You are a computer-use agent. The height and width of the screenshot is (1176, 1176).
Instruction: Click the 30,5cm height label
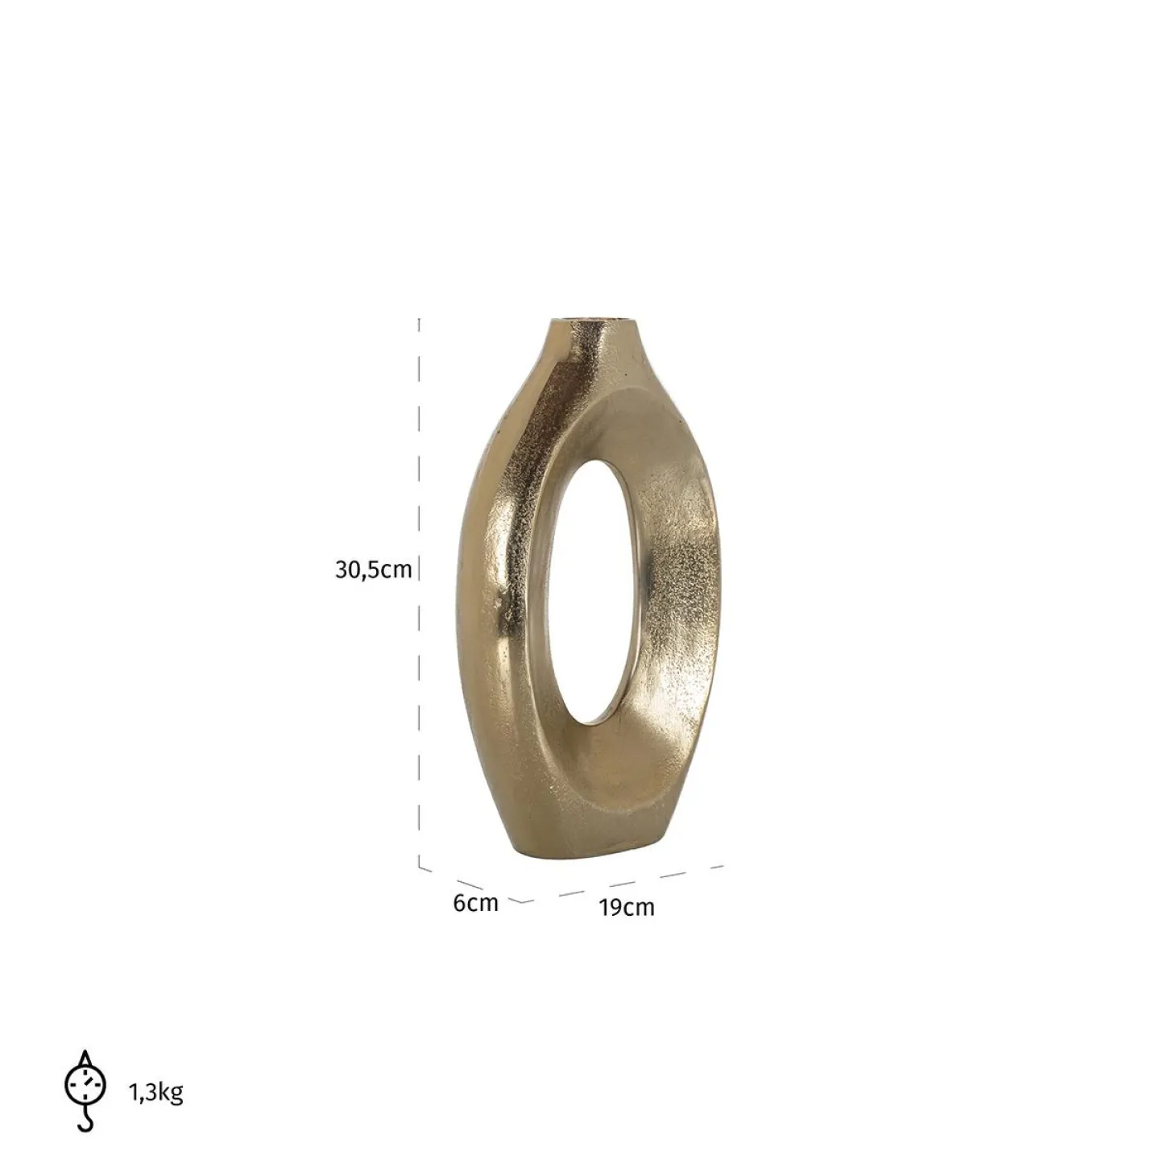(x=374, y=570)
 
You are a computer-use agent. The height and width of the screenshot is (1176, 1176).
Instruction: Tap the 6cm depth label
(x=475, y=903)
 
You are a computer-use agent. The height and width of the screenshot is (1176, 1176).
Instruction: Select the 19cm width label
(x=626, y=908)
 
